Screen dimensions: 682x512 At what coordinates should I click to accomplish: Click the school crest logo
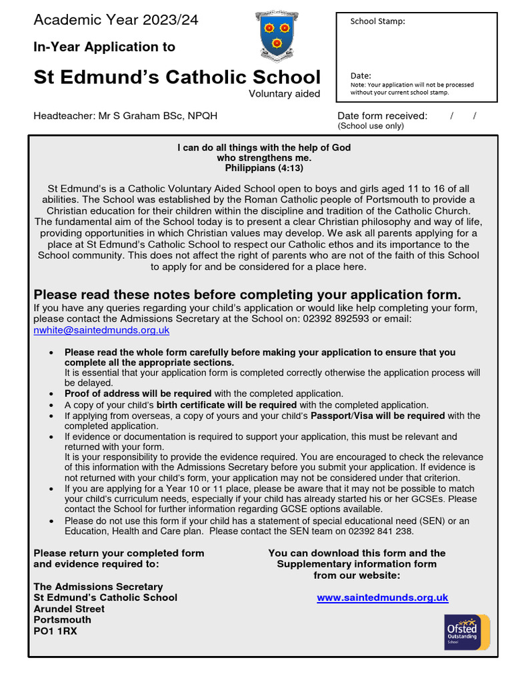(276, 37)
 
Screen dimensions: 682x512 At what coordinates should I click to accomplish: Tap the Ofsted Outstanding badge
(467, 632)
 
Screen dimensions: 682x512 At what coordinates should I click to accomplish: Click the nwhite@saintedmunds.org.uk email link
(101, 330)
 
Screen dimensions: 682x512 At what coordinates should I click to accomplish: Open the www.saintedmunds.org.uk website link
(382, 597)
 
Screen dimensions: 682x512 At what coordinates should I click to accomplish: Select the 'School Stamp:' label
(377, 21)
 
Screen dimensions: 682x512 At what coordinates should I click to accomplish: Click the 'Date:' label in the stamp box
(361, 76)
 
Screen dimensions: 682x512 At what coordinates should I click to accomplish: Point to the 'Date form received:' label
(382, 116)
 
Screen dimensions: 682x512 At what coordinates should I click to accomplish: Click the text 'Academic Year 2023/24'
(116, 20)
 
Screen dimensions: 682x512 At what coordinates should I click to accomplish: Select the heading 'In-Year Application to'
(105, 47)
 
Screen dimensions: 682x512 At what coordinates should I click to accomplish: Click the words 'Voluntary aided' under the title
(284, 94)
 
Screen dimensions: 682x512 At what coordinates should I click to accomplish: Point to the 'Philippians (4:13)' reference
(263, 169)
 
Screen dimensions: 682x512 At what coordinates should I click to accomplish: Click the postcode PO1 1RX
(55, 630)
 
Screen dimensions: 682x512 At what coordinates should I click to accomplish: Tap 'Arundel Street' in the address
(69, 609)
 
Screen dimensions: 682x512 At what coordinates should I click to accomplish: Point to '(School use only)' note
(371, 126)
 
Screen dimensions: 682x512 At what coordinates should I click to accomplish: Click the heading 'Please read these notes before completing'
(247, 294)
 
